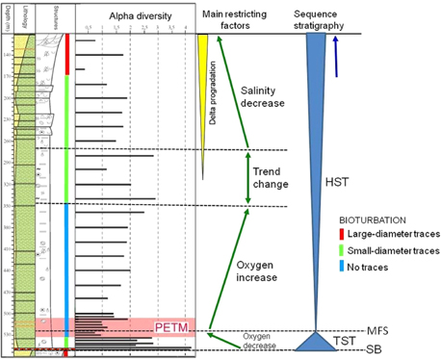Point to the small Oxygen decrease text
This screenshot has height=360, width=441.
(232, 342)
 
